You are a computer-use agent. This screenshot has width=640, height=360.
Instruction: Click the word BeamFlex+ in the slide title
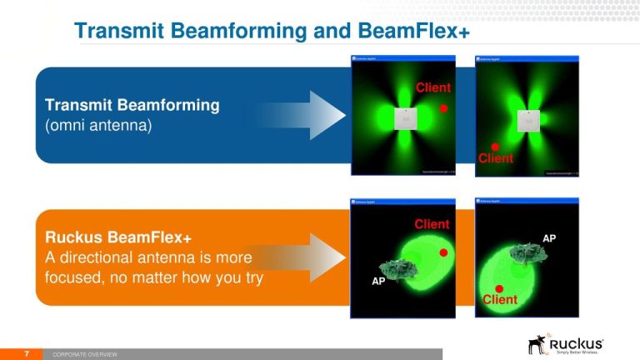tap(416, 31)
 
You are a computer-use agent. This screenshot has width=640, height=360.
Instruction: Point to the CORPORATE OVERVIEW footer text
tap(85, 355)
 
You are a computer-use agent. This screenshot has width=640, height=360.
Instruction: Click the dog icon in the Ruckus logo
tap(538, 344)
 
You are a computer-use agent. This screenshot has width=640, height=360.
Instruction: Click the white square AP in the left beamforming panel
tap(406, 118)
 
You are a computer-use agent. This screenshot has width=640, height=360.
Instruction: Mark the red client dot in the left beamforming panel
tap(444, 108)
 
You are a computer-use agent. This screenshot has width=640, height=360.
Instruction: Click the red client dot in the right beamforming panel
tap(494, 147)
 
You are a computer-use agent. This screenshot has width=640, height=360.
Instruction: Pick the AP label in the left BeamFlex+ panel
tap(379, 282)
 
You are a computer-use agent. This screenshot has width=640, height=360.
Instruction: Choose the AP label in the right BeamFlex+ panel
tap(549, 238)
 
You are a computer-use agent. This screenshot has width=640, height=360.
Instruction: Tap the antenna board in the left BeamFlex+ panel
tap(397, 266)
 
